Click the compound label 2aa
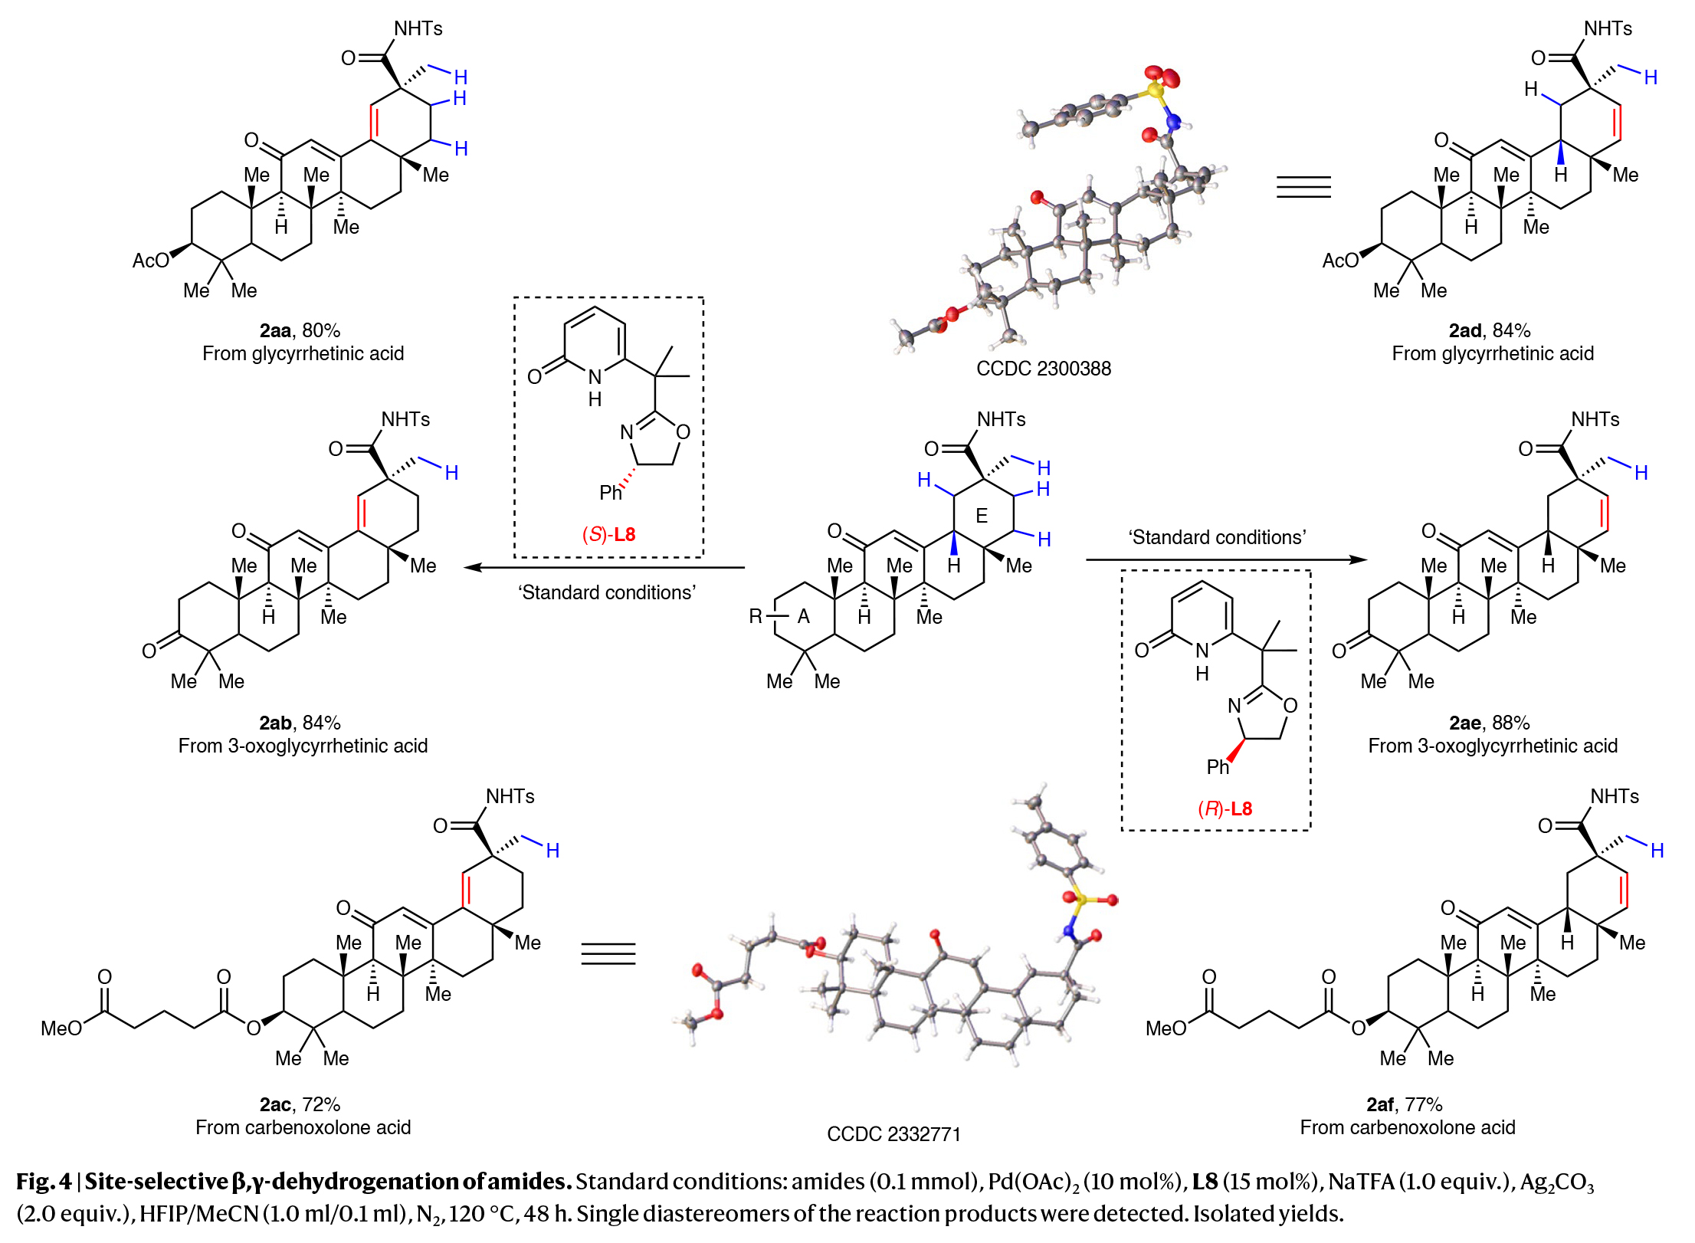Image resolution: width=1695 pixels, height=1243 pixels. pos(275,331)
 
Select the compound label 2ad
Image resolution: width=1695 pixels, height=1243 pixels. pos(1464,331)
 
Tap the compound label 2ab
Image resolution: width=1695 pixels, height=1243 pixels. pos(275,723)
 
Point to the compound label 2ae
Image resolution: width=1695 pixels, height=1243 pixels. pos(1464,723)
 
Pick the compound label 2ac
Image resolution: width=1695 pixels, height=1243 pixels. pos(275,1105)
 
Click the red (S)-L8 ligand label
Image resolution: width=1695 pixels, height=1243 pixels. pos(609,534)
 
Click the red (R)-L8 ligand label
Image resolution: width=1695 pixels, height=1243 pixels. pos(1225,808)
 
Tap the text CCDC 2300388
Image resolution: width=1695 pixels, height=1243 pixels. pos(1043,369)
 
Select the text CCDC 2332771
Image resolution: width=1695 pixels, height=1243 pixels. pos(893,1134)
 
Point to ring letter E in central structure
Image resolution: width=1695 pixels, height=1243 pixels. pos(982,517)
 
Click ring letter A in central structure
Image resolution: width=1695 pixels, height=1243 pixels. pos(804,617)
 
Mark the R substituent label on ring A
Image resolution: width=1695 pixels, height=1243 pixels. pos(756,617)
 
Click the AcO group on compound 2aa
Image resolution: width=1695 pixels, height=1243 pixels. pos(151,261)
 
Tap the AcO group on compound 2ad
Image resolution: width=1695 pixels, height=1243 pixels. pos(1340,261)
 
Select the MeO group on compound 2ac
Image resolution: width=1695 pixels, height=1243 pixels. pos(61,1028)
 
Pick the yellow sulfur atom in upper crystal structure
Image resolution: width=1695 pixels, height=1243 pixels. pos(1155,92)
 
